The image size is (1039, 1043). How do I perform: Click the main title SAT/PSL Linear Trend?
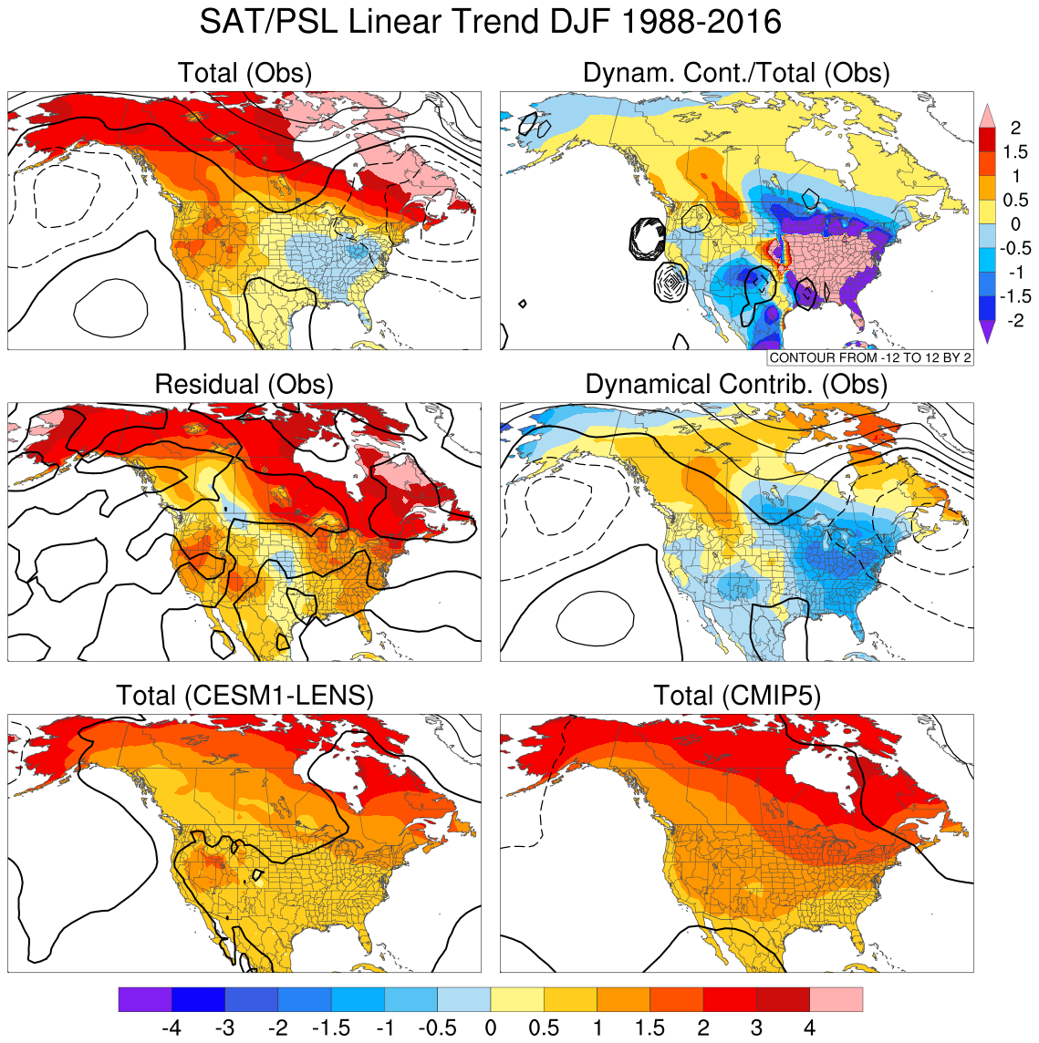tap(490, 22)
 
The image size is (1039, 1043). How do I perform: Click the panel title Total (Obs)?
tap(244, 73)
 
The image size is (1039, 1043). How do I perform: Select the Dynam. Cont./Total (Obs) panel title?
tap(736, 73)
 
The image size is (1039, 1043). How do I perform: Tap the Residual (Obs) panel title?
tap(244, 384)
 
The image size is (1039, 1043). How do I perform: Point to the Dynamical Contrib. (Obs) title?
tap(736, 384)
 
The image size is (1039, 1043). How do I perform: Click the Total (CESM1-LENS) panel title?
tap(244, 696)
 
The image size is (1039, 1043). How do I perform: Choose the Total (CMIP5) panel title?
tap(737, 696)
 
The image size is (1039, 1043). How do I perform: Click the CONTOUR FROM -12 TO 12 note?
tap(870, 358)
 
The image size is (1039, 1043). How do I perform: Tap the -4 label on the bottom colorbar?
tap(171, 1028)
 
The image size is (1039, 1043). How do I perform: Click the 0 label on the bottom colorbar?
tap(491, 1028)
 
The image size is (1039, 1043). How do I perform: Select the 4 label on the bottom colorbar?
tap(809, 1028)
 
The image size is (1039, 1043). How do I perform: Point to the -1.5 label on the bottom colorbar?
tap(331, 1028)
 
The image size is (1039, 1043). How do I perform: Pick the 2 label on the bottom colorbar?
tap(703, 1028)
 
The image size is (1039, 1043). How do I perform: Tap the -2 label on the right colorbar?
tap(1013, 320)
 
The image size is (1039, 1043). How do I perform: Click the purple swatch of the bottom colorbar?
tap(145, 999)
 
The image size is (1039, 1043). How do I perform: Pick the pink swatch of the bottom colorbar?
tap(836, 999)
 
